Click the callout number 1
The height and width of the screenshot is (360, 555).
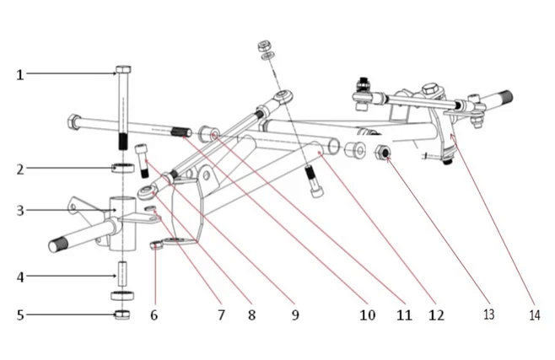coord(19,74)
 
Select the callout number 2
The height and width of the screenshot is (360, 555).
coord(19,169)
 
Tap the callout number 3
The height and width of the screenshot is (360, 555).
coord(19,210)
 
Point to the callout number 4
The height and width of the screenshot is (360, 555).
coord(19,276)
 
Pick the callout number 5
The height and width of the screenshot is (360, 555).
coord(19,315)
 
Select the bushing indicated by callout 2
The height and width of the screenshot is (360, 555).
coord(122,167)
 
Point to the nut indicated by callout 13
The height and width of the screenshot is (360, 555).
coord(381,153)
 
